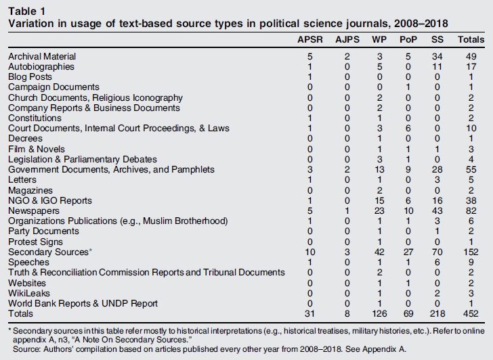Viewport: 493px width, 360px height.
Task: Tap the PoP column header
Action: tap(407, 41)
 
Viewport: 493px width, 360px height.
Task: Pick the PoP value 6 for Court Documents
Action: tap(407, 129)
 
